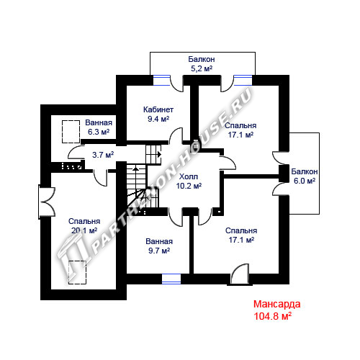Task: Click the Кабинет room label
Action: pyautogui.click(x=158, y=109)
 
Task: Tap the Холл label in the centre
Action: pyautogui.click(x=189, y=176)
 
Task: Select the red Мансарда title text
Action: pyautogui.click(x=277, y=304)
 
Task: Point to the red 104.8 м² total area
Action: pyautogui.click(x=273, y=316)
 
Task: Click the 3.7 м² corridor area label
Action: pyautogui.click(x=103, y=155)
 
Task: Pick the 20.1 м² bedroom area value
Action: pyautogui.click(x=84, y=230)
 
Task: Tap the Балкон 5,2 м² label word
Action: pyautogui.click(x=202, y=59)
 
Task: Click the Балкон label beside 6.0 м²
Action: pyautogui.click(x=305, y=171)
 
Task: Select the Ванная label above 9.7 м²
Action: pyautogui.click(x=159, y=241)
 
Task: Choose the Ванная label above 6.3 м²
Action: pyautogui.click(x=99, y=122)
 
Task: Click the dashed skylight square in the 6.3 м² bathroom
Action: pyautogui.click(x=71, y=132)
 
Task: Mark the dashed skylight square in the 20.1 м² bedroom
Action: pyautogui.click(x=77, y=272)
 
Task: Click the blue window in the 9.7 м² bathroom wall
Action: pyautogui.click(x=171, y=279)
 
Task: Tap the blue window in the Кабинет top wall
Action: pyautogui.click(x=161, y=80)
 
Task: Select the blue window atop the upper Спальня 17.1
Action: pyautogui.click(x=243, y=80)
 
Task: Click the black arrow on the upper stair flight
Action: pyautogui.click(x=159, y=154)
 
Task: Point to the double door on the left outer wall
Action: pyautogui.click(x=47, y=202)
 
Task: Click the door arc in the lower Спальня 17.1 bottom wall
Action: pyautogui.click(x=240, y=274)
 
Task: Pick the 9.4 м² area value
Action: pyautogui.click(x=158, y=119)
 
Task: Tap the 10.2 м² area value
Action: pyautogui.click(x=189, y=186)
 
